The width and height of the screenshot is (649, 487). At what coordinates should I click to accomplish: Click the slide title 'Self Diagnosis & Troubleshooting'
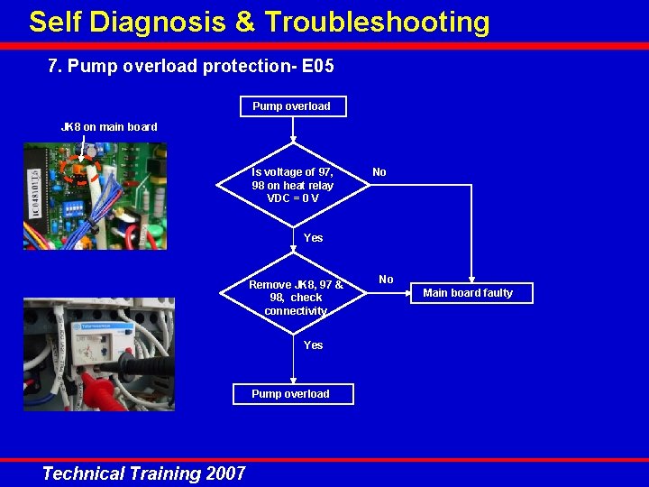[259, 22]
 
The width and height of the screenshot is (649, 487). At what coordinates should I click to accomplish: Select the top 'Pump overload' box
[291, 106]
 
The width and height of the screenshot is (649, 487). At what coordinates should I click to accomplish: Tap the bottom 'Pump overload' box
[291, 394]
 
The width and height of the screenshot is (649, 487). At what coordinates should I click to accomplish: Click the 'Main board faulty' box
[468, 293]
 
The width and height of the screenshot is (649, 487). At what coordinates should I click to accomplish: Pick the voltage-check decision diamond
[293, 185]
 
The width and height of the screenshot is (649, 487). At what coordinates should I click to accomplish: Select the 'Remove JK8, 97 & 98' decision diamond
[295, 298]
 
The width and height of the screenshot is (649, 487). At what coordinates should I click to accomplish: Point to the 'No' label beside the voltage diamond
[379, 172]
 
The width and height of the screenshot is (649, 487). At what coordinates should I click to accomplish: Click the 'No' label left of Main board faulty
[386, 280]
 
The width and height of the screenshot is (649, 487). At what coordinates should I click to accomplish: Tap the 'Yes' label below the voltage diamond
[313, 238]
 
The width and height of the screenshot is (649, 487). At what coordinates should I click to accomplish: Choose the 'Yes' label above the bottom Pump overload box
[313, 345]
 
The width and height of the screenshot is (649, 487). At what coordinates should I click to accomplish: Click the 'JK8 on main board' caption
[109, 127]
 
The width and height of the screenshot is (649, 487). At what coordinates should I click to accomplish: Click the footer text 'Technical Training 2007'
[143, 473]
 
